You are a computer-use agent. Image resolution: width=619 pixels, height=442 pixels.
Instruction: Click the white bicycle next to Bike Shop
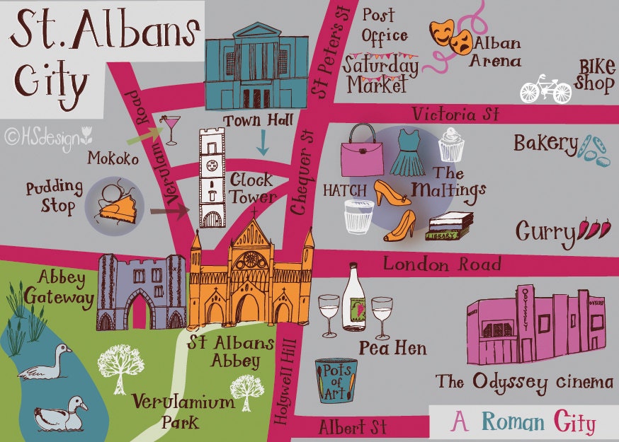pyautogui.click(x=545, y=89)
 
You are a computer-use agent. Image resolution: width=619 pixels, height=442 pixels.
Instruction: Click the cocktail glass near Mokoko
pyautogui.click(x=171, y=129)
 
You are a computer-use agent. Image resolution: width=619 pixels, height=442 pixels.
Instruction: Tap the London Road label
pyautogui.click(x=442, y=264)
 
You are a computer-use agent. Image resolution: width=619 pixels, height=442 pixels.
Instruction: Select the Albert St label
pyautogui.click(x=352, y=427)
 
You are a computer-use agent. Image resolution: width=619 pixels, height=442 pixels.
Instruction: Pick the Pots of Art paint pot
pyautogui.click(x=335, y=380)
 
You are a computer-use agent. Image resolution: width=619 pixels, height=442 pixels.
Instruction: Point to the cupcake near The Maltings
pyautogui.click(x=450, y=144)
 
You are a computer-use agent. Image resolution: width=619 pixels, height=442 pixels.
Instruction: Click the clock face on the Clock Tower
pyautogui.click(x=211, y=167)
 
